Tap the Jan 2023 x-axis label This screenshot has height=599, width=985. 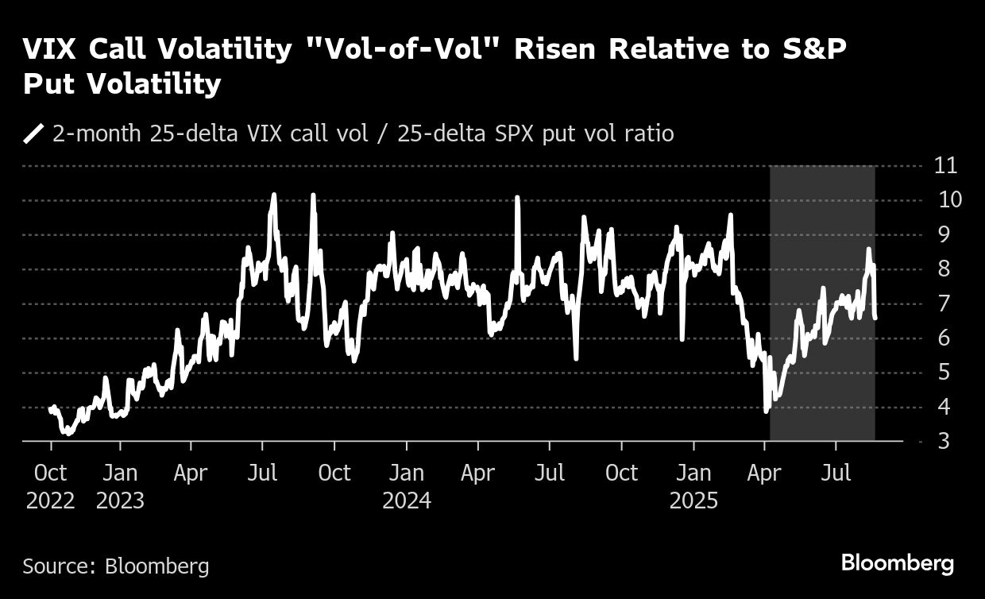coord(121,486)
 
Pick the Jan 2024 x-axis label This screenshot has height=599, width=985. coord(407,486)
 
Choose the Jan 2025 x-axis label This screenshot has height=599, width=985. coord(693,486)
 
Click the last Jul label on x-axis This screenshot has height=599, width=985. coord(836,473)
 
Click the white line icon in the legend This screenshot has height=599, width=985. coord(34,133)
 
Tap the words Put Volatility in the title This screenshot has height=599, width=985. coord(122,84)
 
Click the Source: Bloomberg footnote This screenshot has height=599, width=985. coord(116,566)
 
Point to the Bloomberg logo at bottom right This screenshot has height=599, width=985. coord(898,564)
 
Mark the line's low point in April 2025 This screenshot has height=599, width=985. coord(766,411)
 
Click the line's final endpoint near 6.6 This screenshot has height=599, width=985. coord(875,318)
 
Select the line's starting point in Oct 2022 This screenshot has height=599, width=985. coord(50,408)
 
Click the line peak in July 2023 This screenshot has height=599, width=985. coord(273,195)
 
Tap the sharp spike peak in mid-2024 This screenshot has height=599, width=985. coord(517,197)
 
